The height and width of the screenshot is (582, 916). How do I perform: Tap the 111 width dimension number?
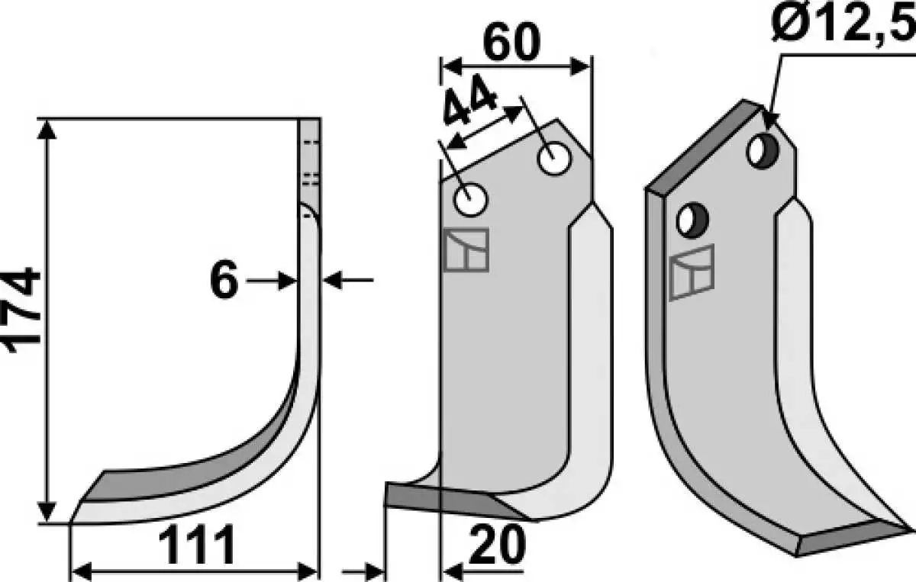[x=197, y=545]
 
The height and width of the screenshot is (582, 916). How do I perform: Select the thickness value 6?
[x=224, y=279]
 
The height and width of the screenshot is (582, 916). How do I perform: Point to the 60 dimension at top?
[x=511, y=41]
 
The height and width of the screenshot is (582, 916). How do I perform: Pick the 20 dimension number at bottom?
[x=496, y=545]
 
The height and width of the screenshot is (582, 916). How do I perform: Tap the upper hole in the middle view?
[x=554, y=159]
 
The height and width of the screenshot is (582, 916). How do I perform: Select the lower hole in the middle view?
[x=471, y=199]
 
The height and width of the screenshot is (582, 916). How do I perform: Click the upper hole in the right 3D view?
[x=763, y=150]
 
